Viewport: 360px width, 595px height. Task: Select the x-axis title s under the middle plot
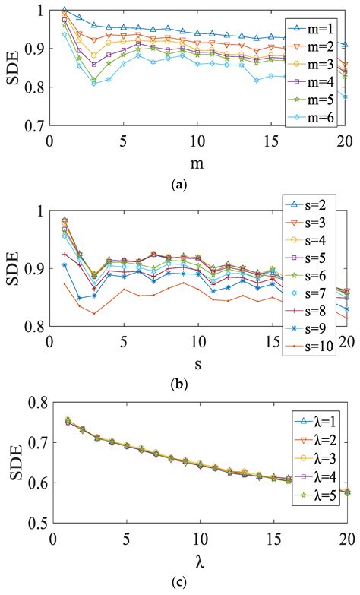pos(197,360)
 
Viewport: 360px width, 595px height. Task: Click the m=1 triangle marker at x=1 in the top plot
pos(65,11)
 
